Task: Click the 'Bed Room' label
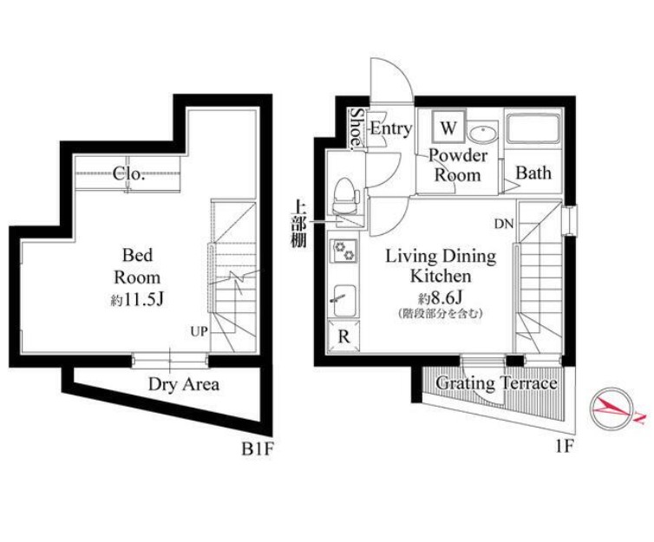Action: pyautogui.click(x=137, y=266)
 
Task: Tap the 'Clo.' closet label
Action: pyautogui.click(x=129, y=173)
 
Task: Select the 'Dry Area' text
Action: pyautogui.click(x=184, y=384)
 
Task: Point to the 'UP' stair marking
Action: pyautogui.click(x=199, y=332)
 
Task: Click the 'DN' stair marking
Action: pyautogui.click(x=504, y=225)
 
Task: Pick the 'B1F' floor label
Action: pyautogui.click(x=258, y=449)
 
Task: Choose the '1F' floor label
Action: pyautogui.click(x=565, y=447)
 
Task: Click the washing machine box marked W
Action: pyautogui.click(x=448, y=127)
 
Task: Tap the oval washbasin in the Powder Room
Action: pyautogui.click(x=482, y=134)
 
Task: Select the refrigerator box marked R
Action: pyautogui.click(x=343, y=336)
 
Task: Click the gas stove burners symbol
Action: pyautogui.click(x=344, y=251)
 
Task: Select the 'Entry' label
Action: pyautogui.click(x=391, y=128)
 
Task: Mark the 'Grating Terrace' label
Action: pyautogui.click(x=496, y=383)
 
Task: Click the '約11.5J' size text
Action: pyautogui.click(x=137, y=299)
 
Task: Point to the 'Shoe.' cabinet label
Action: pyautogui.click(x=357, y=129)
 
